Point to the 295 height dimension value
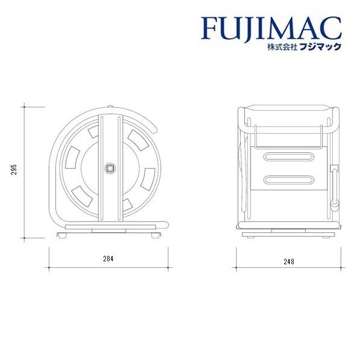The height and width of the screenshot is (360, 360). point(13,172)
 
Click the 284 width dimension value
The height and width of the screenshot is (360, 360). point(108,258)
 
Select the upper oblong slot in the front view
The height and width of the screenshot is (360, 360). point(288,157)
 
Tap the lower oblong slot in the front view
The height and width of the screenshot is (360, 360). point(288,181)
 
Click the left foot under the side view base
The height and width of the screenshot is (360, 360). point(63,236)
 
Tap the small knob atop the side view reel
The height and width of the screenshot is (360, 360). point(110,109)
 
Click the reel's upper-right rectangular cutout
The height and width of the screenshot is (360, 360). point(136,139)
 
